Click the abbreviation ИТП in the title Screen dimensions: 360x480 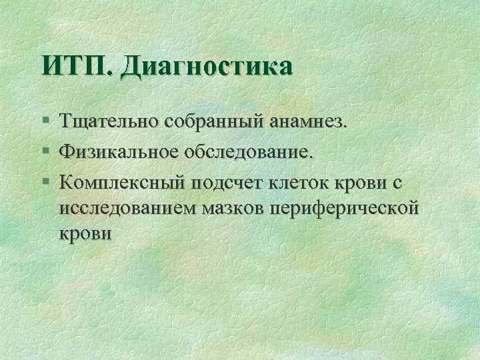tap(76, 67)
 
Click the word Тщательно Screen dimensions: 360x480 tap(109, 122)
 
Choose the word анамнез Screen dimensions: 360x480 tap(307, 122)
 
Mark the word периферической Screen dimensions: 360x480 tap(347, 208)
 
